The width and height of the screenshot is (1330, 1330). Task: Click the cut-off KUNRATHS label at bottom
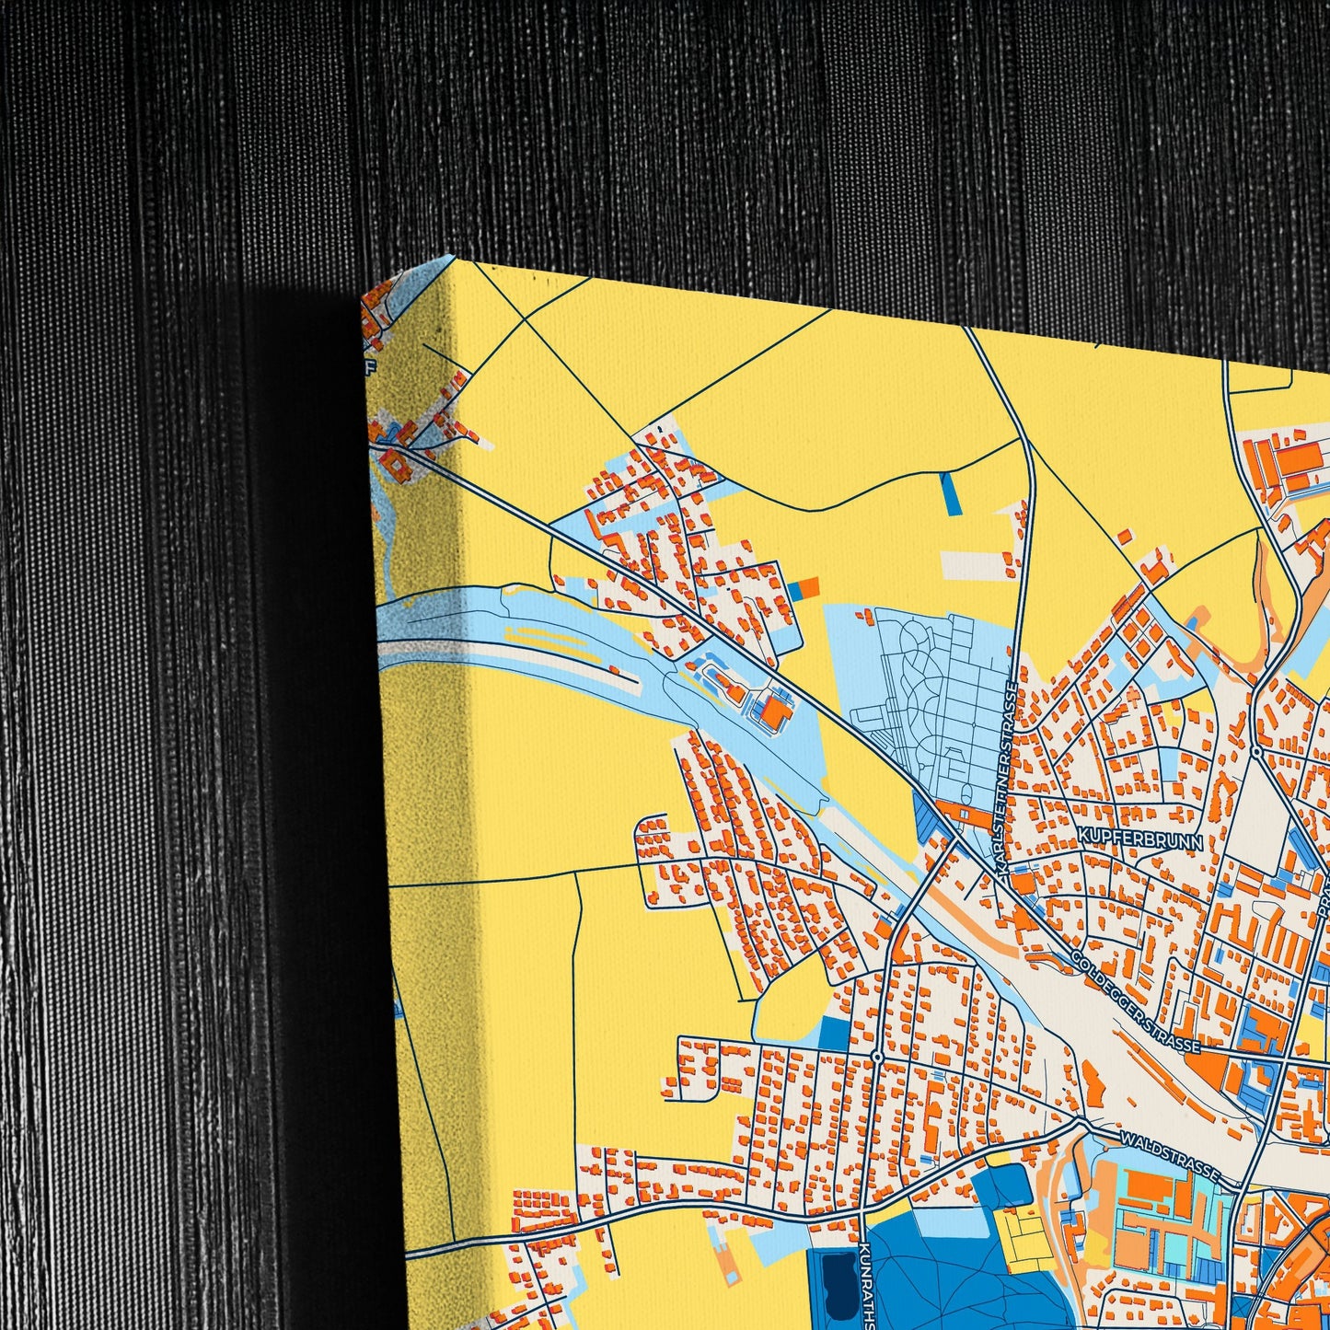pyautogui.click(x=863, y=1285)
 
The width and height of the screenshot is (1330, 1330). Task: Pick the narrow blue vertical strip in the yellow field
pyautogui.click(x=950, y=492)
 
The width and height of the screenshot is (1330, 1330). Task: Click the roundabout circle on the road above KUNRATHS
pyautogui.click(x=877, y=1057)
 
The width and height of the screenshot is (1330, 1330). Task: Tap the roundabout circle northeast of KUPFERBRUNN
pyautogui.click(x=1257, y=753)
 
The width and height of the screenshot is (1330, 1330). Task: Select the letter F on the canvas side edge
pyautogui.click(x=371, y=371)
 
